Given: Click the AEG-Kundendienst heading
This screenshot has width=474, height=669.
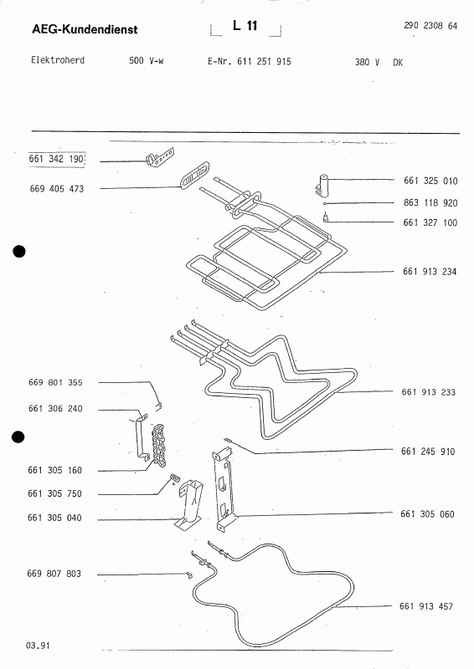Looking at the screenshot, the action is point(85,29).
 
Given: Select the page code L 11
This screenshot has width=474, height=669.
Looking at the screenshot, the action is point(245,26).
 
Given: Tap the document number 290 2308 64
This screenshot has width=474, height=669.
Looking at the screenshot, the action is point(430,26).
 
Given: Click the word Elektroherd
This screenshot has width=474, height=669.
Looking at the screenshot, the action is point(58,59).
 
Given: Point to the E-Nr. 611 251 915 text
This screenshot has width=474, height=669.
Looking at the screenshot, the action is point(250,61).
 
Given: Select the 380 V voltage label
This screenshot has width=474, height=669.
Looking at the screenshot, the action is point(367,62).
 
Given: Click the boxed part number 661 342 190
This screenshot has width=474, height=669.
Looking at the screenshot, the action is point(56,159).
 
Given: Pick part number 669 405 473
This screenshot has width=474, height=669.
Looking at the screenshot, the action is point(57,189).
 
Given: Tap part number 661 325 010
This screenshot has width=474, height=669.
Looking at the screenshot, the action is point(430,181).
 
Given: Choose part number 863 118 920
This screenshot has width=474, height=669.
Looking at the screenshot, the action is point(430,202).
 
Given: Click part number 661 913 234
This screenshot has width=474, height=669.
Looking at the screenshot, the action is point(430,271).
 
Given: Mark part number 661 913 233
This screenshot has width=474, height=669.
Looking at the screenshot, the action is point(429,392).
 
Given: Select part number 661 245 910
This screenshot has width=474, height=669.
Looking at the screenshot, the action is point(428,452).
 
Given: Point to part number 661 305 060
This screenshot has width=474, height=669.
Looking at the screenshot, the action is point(427,514).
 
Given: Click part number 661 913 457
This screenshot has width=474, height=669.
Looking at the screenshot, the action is point(426,606).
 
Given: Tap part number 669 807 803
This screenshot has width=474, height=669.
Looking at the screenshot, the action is point(54,574).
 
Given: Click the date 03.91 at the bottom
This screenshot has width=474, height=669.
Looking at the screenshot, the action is point(38,646).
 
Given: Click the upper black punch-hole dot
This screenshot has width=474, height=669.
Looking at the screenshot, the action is point(19,252).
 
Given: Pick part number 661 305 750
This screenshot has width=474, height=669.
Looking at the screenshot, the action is point(54,493).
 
